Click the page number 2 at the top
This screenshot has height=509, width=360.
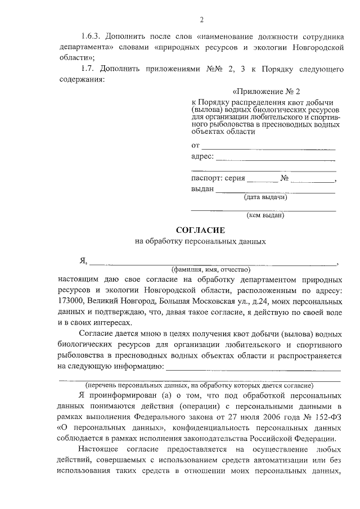(x=201, y=21)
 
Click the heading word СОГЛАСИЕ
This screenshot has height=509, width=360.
(x=200, y=230)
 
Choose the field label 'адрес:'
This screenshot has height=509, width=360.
(x=202, y=157)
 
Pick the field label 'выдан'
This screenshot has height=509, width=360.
(x=202, y=190)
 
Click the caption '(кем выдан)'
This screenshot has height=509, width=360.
(x=265, y=215)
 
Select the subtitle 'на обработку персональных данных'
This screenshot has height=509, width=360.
(x=200, y=242)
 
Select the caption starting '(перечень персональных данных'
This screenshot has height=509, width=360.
(x=200, y=385)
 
